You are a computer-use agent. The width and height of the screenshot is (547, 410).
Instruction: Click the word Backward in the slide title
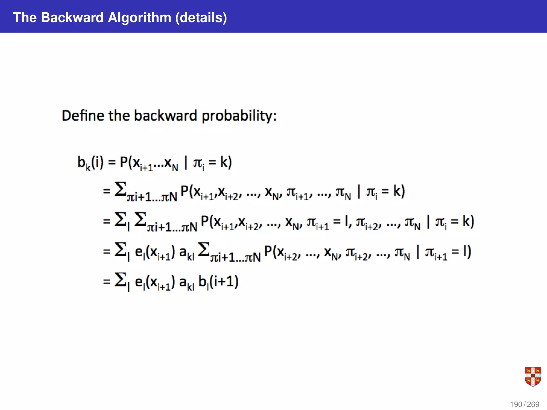[x=72, y=18]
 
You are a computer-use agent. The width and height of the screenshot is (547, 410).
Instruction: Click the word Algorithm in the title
[x=139, y=18]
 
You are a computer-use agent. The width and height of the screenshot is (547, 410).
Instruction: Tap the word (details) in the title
[x=201, y=18]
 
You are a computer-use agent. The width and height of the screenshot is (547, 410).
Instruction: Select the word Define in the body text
[x=83, y=116]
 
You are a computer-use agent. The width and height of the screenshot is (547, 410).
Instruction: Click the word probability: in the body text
[x=239, y=116]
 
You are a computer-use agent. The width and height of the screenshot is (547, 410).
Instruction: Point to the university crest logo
[x=533, y=377]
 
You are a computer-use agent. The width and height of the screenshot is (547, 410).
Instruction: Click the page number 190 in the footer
[x=516, y=404]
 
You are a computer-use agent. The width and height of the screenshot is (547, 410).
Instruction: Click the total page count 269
[x=533, y=404]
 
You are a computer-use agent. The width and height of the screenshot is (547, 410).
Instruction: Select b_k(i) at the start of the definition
[x=90, y=163]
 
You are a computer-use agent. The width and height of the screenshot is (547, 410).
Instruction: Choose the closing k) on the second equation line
[x=399, y=191]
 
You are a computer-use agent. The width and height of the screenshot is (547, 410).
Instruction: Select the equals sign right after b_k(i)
[x=112, y=163]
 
